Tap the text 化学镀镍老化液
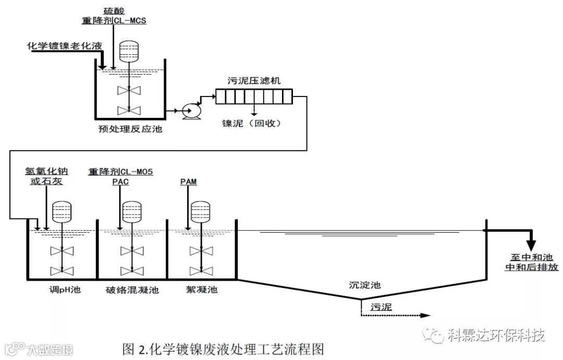[65, 46]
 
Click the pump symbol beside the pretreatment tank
[187, 111]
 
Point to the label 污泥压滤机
[254, 81]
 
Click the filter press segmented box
[254, 98]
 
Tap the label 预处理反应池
[130, 128]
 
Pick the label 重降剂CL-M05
[120, 171]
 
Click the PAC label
[120, 182]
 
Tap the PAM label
[188, 182]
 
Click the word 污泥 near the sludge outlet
[381, 307]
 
